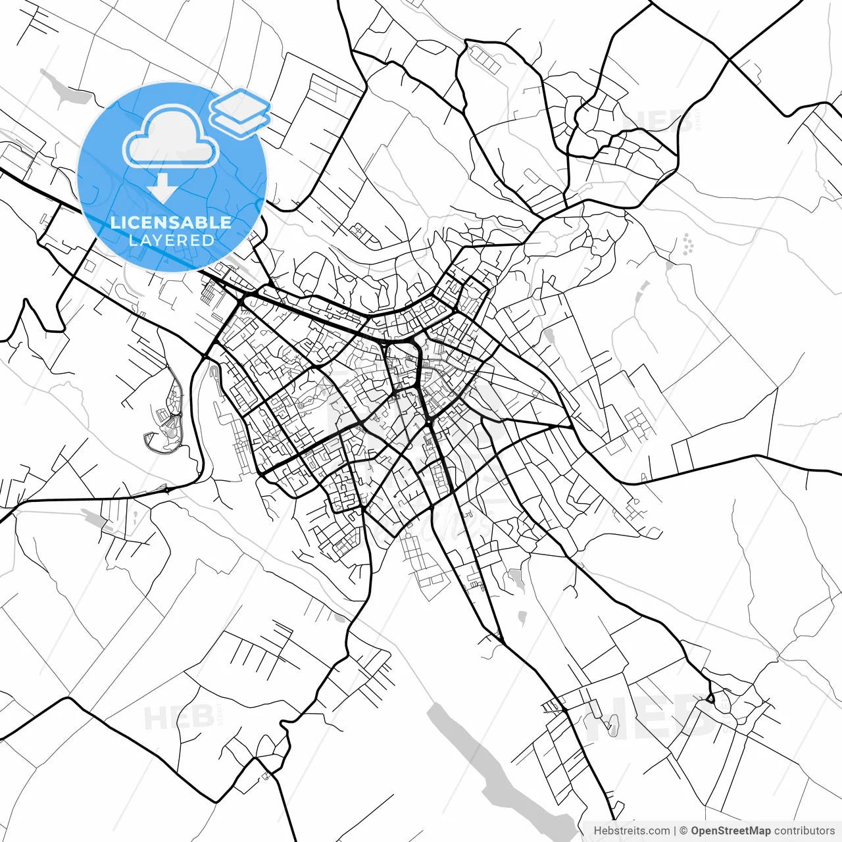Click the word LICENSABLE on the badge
point(171,222)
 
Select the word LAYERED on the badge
point(171,240)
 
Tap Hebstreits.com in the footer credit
point(631,831)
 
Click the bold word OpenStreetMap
point(731,831)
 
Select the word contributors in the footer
point(804,831)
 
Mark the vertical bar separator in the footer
point(676,831)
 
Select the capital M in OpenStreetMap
point(755,831)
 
